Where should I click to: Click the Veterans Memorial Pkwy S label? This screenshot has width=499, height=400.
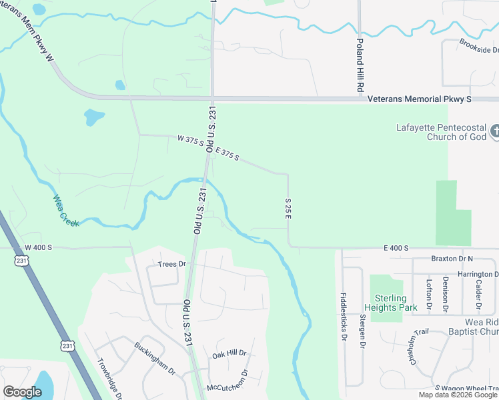click(420, 99)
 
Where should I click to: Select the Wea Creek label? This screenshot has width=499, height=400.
click(66, 210)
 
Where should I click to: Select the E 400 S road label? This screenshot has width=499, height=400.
click(396, 248)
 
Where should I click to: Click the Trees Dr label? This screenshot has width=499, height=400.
click(171, 264)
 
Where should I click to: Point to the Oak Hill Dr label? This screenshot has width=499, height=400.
click(229, 353)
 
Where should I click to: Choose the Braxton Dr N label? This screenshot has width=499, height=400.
click(452, 259)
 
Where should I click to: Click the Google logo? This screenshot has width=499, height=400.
click(22, 391)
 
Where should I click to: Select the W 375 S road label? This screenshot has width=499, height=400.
click(190, 140)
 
